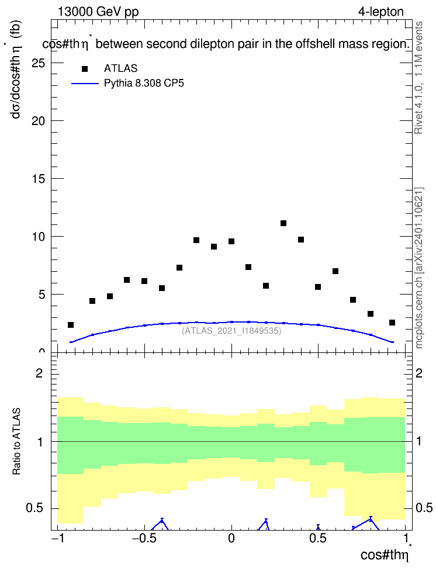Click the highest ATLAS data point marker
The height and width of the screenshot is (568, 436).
pos(283,223)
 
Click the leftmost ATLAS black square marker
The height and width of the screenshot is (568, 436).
pos(71,325)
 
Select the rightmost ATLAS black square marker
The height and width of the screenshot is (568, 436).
pos(392,323)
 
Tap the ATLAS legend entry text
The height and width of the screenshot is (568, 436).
pos(120,68)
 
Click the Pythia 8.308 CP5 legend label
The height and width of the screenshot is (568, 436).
pos(144,84)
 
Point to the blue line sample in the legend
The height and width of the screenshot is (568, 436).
pos(85,84)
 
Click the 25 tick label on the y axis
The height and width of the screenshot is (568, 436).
pos(39,63)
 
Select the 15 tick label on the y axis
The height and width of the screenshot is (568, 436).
pos(39,179)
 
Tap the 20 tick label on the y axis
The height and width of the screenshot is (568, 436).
pos(39,121)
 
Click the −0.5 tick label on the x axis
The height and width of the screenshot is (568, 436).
pos(144,539)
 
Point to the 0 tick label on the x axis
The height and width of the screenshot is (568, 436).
pos(231,539)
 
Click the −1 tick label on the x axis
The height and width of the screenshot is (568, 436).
pos(57,539)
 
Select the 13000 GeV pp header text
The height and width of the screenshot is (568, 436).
pos(98,12)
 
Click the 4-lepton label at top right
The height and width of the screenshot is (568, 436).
pos(380,12)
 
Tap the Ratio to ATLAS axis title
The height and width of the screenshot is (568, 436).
pos(16,442)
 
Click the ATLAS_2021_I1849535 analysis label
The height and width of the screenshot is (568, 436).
pos(231,331)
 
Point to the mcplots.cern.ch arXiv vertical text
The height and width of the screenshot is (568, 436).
pos(419,268)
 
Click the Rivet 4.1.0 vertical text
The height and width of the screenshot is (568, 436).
pos(419,78)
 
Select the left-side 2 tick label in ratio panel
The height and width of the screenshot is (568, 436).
pos(39,373)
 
